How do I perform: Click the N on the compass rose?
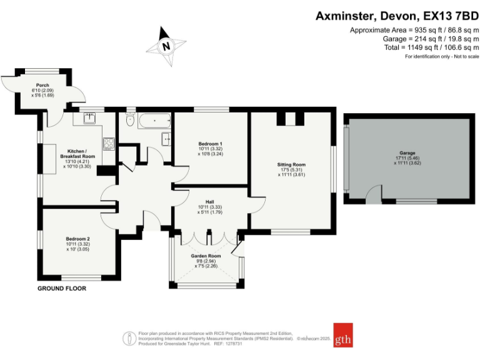coord(166,46)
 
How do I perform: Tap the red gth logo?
coord(343,335)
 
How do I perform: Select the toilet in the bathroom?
coord(131,119)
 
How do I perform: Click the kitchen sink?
coord(89,118)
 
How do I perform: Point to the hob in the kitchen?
coord(109,144)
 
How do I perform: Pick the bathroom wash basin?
coord(166,139)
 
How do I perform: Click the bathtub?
coord(155,121)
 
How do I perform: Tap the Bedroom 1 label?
coord(210,144)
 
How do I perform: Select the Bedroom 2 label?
coord(77,239)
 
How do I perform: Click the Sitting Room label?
coord(291,164)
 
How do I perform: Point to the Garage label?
coord(407,152)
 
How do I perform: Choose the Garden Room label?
coord(206,256)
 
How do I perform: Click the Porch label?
coord(42,85)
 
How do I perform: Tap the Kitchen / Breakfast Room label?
coord(77,154)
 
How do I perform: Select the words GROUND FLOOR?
coord(62,288)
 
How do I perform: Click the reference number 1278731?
coord(233,344)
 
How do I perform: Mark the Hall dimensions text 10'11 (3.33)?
coord(210,207)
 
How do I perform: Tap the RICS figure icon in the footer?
coord(129,339)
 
